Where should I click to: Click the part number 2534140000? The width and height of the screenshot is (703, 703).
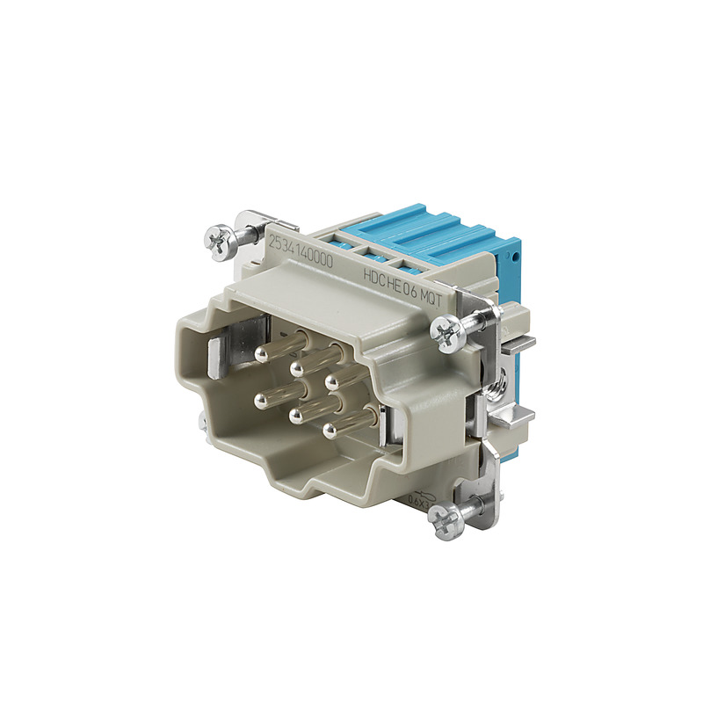pos(301,244)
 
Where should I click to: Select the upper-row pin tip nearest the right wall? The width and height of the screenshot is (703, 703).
pos(332,380)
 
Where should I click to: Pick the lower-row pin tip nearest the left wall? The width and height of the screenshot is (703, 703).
pos(260,401)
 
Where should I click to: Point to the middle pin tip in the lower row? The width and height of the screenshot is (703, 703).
pos(296,412)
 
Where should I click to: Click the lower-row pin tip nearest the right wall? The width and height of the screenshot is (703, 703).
pos(330,429)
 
